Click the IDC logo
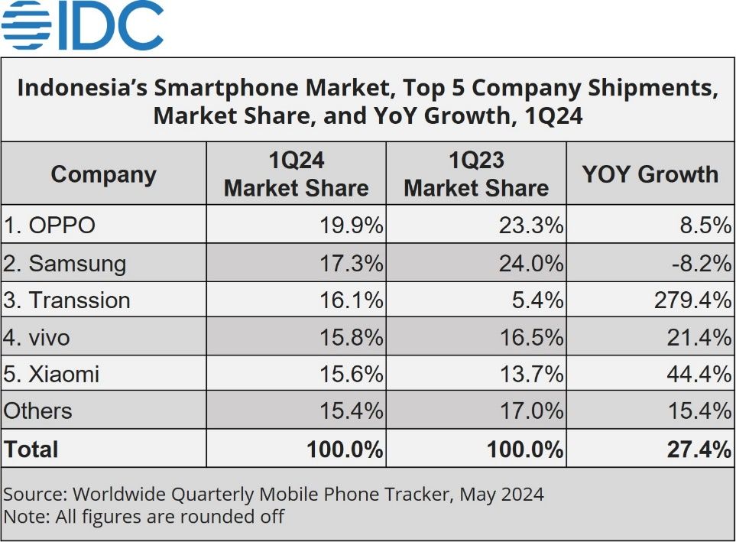point(83,25)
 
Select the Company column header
point(103,174)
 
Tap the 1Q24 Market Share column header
point(296,174)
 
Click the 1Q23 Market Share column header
point(476,174)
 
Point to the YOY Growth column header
point(650,174)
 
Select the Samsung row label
point(65,264)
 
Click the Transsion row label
point(66,300)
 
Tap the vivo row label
point(42,336)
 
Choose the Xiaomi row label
point(52,374)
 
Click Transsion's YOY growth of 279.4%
point(692,300)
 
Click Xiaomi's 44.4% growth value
point(699,374)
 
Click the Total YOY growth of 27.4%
point(699,450)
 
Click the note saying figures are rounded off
point(144,517)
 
